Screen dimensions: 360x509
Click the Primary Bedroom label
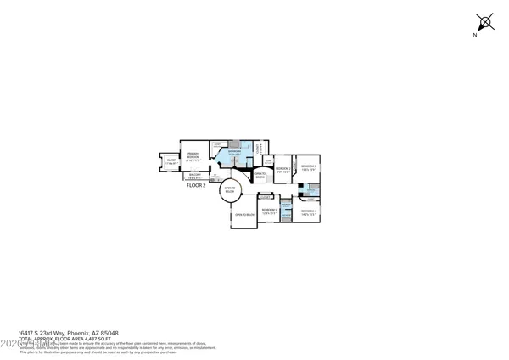click(x=193, y=155)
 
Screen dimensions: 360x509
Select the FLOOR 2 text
click(x=197, y=185)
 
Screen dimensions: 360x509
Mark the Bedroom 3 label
click(x=308, y=166)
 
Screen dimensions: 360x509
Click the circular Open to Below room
click(x=229, y=191)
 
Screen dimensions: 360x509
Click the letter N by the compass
click(x=476, y=34)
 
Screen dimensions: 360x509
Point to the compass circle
click(x=486, y=22)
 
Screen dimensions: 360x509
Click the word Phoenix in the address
click(x=75, y=333)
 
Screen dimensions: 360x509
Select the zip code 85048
click(x=108, y=333)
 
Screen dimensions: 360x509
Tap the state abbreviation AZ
click(x=92, y=333)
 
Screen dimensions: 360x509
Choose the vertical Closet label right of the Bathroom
click(x=258, y=149)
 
